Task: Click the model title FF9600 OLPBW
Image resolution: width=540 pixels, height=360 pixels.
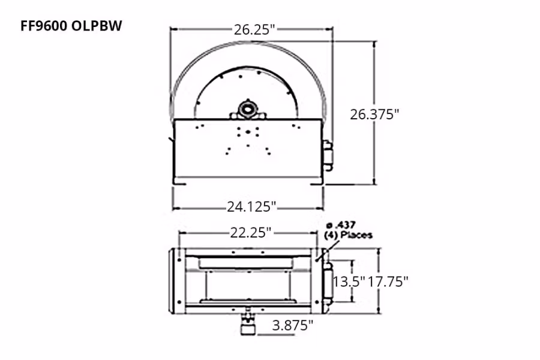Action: click(71, 26)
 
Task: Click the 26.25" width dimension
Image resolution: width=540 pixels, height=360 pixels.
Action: click(255, 30)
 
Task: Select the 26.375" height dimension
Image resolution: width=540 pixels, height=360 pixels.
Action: click(374, 115)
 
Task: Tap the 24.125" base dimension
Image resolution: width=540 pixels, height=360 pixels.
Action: click(251, 206)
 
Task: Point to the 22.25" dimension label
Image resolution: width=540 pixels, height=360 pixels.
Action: click(251, 233)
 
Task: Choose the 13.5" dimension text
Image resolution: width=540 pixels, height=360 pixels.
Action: click(349, 282)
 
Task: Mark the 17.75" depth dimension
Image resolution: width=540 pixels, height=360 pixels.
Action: click(388, 282)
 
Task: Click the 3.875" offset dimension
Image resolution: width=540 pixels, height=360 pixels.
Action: click(293, 325)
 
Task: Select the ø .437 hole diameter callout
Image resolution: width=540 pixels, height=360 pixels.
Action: click(341, 226)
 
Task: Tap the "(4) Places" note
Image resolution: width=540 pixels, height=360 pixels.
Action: click(348, 235)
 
